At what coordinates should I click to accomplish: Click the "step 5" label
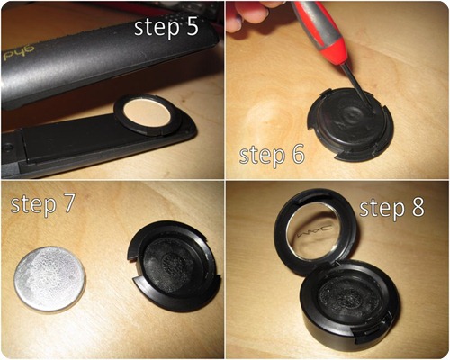(x=166, y=29)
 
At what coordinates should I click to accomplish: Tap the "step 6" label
(x=272, y=156)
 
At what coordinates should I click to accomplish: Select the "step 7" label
(x=42, y=205)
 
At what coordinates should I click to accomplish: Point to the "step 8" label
(x=392, y=208)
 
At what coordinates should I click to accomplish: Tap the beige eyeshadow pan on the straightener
(x=147, y=115)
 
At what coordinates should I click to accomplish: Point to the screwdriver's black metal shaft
(x=358, y=87)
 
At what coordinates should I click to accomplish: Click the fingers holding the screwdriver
(x=252, y=13)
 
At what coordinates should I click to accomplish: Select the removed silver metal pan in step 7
(x=49, y=278)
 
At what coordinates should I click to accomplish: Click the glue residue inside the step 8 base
(x=345, y=296)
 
